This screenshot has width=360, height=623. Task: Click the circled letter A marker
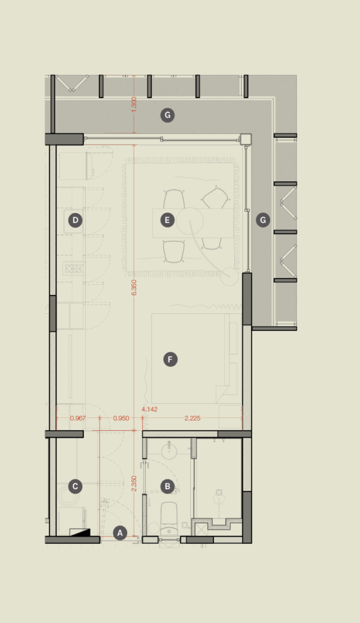(120, 533)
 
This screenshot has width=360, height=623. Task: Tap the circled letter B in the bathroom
(167, 486)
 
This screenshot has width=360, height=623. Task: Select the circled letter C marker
(75, 486)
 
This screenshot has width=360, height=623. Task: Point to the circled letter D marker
(75, 220)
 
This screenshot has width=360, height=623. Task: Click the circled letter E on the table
(167, 220)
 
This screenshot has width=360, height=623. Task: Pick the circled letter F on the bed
(170, 359)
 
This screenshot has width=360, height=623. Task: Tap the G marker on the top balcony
(167, 115)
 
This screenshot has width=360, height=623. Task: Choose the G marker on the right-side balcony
(263, 220)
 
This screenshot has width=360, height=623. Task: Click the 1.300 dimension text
(134, 105)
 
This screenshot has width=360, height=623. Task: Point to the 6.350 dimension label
(134, 287)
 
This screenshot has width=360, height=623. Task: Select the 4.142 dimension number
(150, 409)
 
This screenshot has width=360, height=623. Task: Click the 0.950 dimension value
(121, 418)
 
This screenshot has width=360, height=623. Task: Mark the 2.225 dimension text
(192, 418)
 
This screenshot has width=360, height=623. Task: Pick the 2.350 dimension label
(134, 484)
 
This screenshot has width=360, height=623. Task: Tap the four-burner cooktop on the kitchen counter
(74, 268)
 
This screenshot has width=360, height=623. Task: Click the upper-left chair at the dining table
(174, 199)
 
